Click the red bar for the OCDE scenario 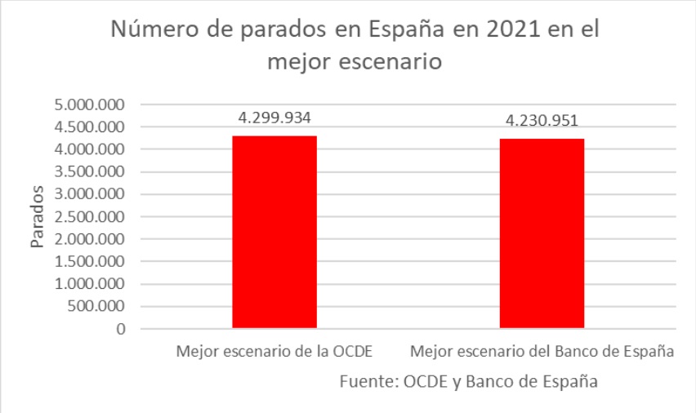point(274,233)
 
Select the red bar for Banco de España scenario point(542,234)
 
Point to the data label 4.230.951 point(542,121)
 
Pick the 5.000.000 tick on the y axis point(88,105)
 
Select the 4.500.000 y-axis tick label point(88,127)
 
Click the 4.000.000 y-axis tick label point(88,150)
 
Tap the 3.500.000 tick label point(88,172)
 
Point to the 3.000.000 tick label point(88,195)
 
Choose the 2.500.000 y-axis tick point(88,217)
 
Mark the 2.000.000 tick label point(88,240)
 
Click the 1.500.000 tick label point(88,262)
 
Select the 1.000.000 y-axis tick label point(88,285)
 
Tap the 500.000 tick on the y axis point(94,307)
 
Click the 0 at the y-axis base point(119,330)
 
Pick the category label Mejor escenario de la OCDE point(274,353)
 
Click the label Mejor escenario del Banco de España point(542,353)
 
